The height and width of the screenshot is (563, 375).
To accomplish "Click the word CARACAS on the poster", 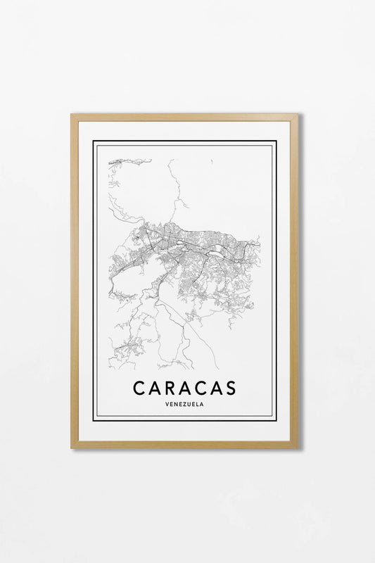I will click(x=184, y=388).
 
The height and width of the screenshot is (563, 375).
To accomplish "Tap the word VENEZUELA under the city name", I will click(x=184, y=404).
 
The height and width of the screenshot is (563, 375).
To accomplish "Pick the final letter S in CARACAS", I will click(x=230, y=388).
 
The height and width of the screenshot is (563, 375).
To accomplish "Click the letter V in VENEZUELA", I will click(x=164, y=404).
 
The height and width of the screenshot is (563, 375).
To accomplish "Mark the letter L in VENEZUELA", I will click(x=198, y=404).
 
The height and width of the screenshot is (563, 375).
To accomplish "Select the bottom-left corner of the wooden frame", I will click(x=72, y=447).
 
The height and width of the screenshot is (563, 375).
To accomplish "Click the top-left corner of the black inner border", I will click(x=94, y=141).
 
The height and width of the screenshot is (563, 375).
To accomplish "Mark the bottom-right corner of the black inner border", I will click(x=276, y=420).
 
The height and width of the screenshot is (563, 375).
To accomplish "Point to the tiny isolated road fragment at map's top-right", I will click(x=212, y=161).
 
